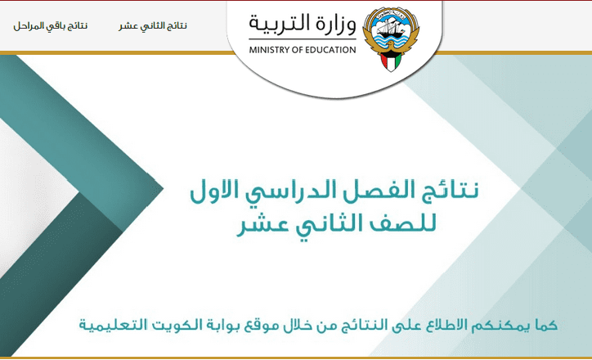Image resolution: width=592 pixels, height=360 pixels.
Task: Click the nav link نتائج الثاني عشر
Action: [153, 26]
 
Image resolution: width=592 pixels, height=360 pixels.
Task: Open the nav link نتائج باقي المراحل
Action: [51, 26]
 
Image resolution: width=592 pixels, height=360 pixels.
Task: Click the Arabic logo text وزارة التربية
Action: [303, 24]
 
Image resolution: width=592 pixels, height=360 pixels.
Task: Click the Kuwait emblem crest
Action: [391, 39]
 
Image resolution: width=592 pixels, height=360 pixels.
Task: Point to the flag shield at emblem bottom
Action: [391, 61]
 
